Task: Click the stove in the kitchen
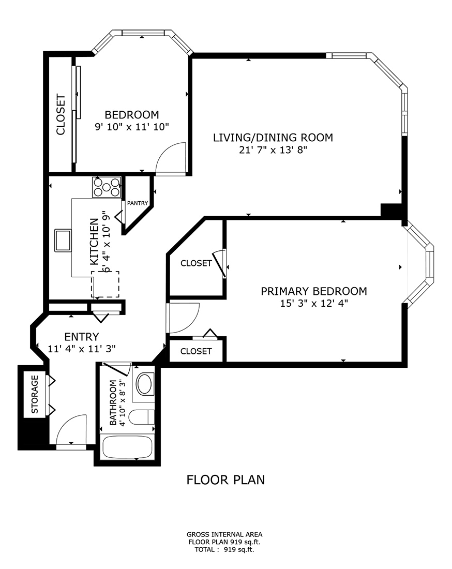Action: [x=107, y=187]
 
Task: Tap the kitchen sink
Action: [x=64, y=241]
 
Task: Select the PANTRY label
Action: [x=138, y=203]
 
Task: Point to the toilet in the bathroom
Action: [x=141, y=417]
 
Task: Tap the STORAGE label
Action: [x=35, y=394]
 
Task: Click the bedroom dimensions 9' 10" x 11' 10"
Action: [x=132, y=127]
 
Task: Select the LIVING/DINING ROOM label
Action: [x=273, y=138]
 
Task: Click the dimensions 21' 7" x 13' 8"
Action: [x=273, y=150]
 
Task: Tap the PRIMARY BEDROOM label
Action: [x=313, y=291]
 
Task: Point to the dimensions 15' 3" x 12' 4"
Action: [x=313, y=304]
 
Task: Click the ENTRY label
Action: [x=81, y=337]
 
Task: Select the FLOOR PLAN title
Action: [x=225, y=480]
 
